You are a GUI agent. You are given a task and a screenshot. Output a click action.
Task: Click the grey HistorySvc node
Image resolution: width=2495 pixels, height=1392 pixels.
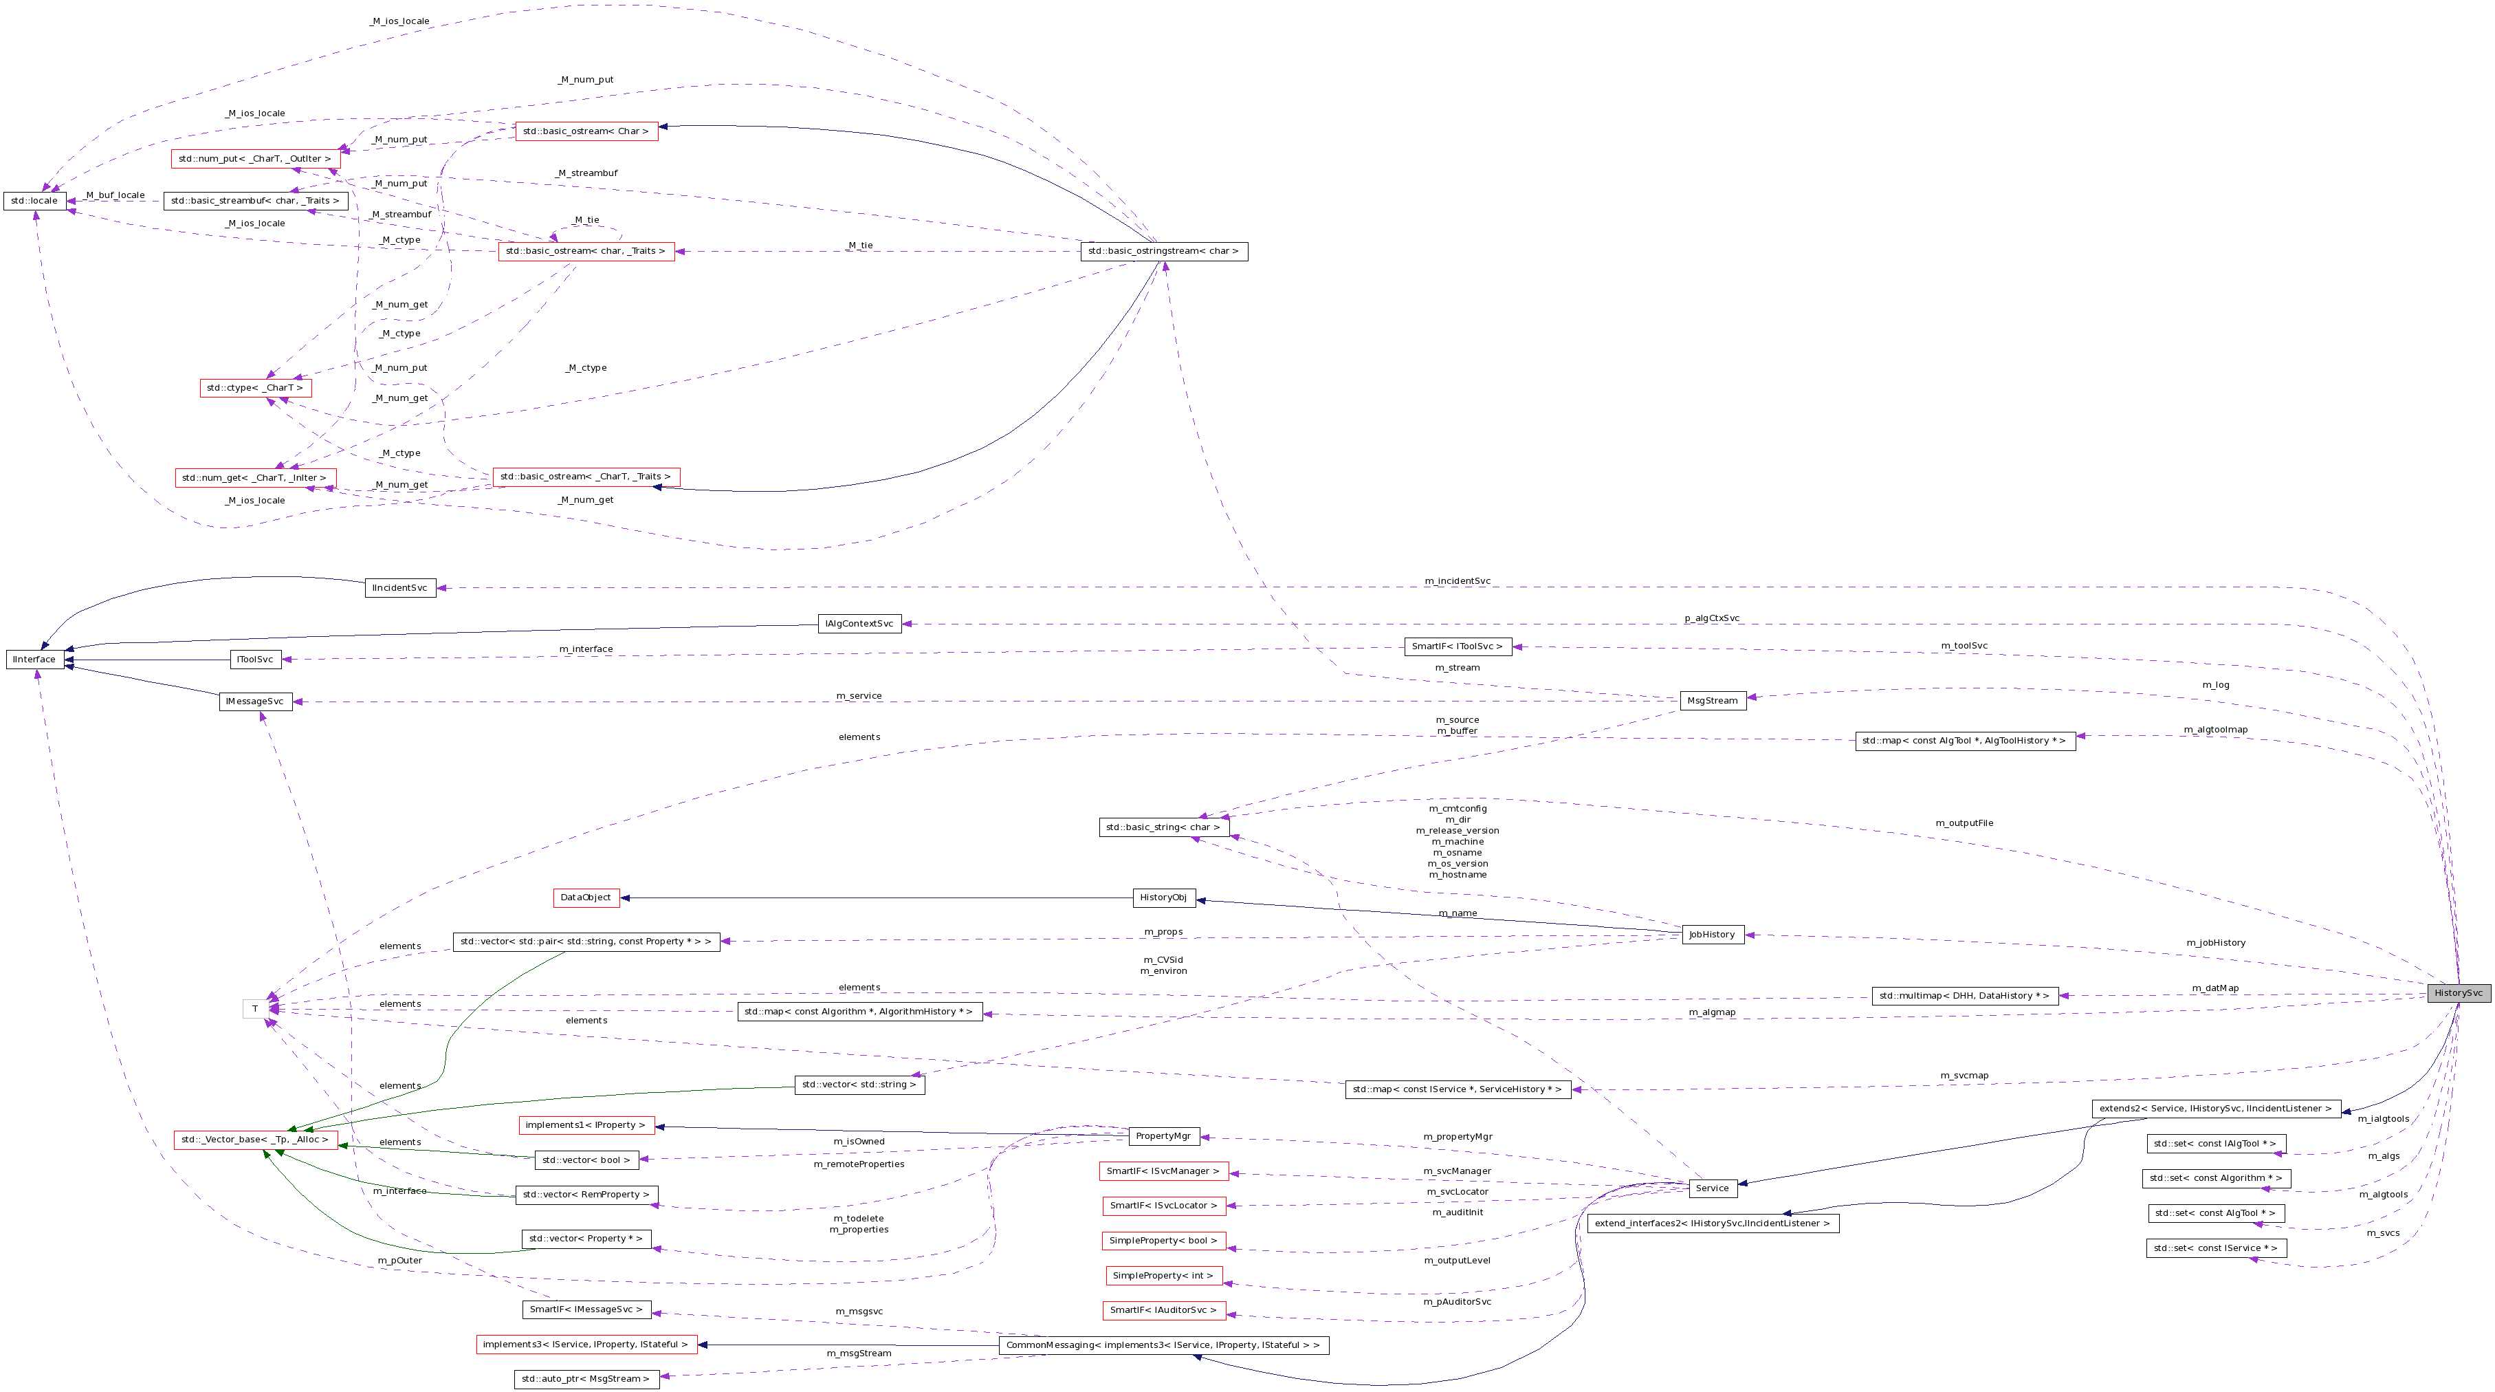(2458, 993)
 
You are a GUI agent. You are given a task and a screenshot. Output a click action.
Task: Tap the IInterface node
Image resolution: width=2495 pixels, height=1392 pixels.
(34, 660)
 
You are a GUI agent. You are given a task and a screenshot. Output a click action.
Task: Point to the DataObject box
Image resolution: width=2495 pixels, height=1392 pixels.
(585, 898)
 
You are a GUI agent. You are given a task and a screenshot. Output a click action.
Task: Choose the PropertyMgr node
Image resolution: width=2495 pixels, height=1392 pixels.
(1163, 1136)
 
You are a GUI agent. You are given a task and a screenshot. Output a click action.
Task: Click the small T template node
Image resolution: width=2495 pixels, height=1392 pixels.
(255, 1010)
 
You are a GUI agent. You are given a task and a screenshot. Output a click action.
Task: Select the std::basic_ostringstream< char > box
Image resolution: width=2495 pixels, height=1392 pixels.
(1163, 252)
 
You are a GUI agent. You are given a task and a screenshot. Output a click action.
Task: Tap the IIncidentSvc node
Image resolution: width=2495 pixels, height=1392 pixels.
(400, 588)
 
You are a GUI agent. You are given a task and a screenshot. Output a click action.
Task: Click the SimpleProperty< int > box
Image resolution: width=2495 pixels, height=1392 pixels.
(1163, 1276)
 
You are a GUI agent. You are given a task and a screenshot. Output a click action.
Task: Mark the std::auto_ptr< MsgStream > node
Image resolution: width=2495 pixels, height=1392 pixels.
(586, 1378)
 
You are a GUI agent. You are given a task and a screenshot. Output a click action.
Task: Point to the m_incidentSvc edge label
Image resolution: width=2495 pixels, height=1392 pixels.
(1457, 581)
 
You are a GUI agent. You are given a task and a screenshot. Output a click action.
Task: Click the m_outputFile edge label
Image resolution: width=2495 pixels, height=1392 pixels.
(1964, 823)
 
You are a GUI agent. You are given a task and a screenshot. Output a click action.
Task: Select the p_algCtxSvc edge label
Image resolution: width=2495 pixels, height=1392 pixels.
(1711, 618)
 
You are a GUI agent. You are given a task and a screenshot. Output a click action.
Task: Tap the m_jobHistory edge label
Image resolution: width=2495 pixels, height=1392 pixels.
(2215, 942)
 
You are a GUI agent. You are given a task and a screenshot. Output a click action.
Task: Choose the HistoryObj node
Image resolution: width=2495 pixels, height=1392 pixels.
(1163, 898)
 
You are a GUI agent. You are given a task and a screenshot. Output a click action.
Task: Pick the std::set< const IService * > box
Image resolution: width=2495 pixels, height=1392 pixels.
(2215, 1249)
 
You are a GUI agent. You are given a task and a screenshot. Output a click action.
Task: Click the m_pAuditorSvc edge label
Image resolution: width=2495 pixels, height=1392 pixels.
(1457, 1302)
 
